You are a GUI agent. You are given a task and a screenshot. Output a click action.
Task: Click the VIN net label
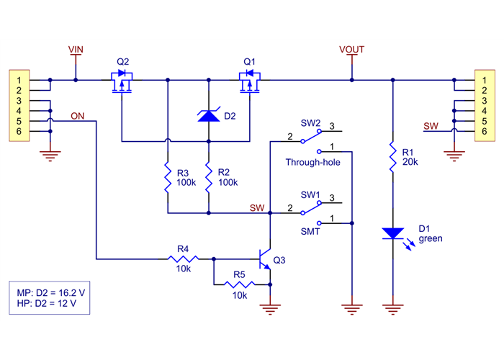coord(76,49)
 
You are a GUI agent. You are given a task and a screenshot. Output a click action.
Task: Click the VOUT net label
coord(351,50)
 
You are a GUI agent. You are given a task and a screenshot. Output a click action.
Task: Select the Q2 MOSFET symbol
coord(122,81)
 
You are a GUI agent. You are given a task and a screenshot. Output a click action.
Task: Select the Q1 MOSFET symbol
coord(248,81)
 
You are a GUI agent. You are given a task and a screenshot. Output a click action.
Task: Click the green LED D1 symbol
coord(393,233)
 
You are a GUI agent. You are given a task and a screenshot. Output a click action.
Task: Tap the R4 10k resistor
coord(183,258)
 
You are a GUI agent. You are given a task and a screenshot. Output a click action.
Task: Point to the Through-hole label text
coord(312,163)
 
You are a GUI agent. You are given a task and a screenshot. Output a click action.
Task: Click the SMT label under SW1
coord(311,232)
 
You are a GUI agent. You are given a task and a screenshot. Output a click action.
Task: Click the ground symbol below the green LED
coord(392,310)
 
